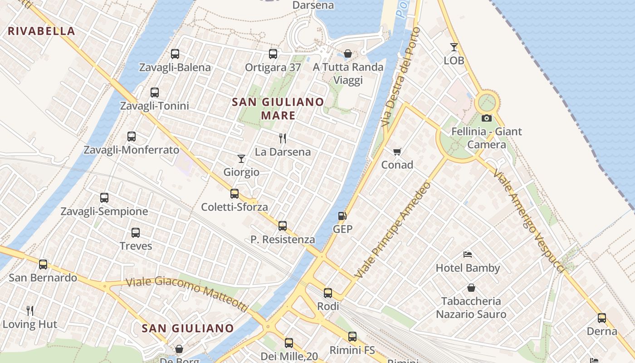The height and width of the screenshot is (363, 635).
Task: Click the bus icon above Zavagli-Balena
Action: tap(175, 54)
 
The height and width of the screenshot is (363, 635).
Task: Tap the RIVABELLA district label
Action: tap(41, 31)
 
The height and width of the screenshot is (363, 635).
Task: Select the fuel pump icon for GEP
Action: tap(342, 216)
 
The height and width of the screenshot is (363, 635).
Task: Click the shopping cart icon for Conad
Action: tap(397, 152)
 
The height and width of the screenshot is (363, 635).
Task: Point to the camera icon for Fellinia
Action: tap(487, 118)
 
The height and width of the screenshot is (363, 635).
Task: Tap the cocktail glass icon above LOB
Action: tap(454, 47)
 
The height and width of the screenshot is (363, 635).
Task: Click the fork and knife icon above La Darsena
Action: tap(283, 138)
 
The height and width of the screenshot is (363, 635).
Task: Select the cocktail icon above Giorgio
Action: tap(241, 159)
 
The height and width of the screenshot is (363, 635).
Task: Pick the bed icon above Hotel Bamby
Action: tap(468, 255)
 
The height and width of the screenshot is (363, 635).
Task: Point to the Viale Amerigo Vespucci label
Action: tap(529, 221)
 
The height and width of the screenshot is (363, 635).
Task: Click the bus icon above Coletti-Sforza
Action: tap(234, 194)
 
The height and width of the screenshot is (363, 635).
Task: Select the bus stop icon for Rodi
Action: tap(328, 293)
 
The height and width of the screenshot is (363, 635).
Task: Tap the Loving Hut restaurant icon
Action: tap(30, 311)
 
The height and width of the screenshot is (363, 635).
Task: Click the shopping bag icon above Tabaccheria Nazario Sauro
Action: tap(471, 288)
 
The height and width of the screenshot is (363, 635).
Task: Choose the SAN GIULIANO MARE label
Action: tap(278, 108)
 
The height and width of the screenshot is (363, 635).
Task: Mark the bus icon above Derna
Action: tap(602, 318)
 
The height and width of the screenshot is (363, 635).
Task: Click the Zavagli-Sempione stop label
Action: tap(104, 211)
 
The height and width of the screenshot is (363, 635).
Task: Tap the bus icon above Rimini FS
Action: tap(352, 337)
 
